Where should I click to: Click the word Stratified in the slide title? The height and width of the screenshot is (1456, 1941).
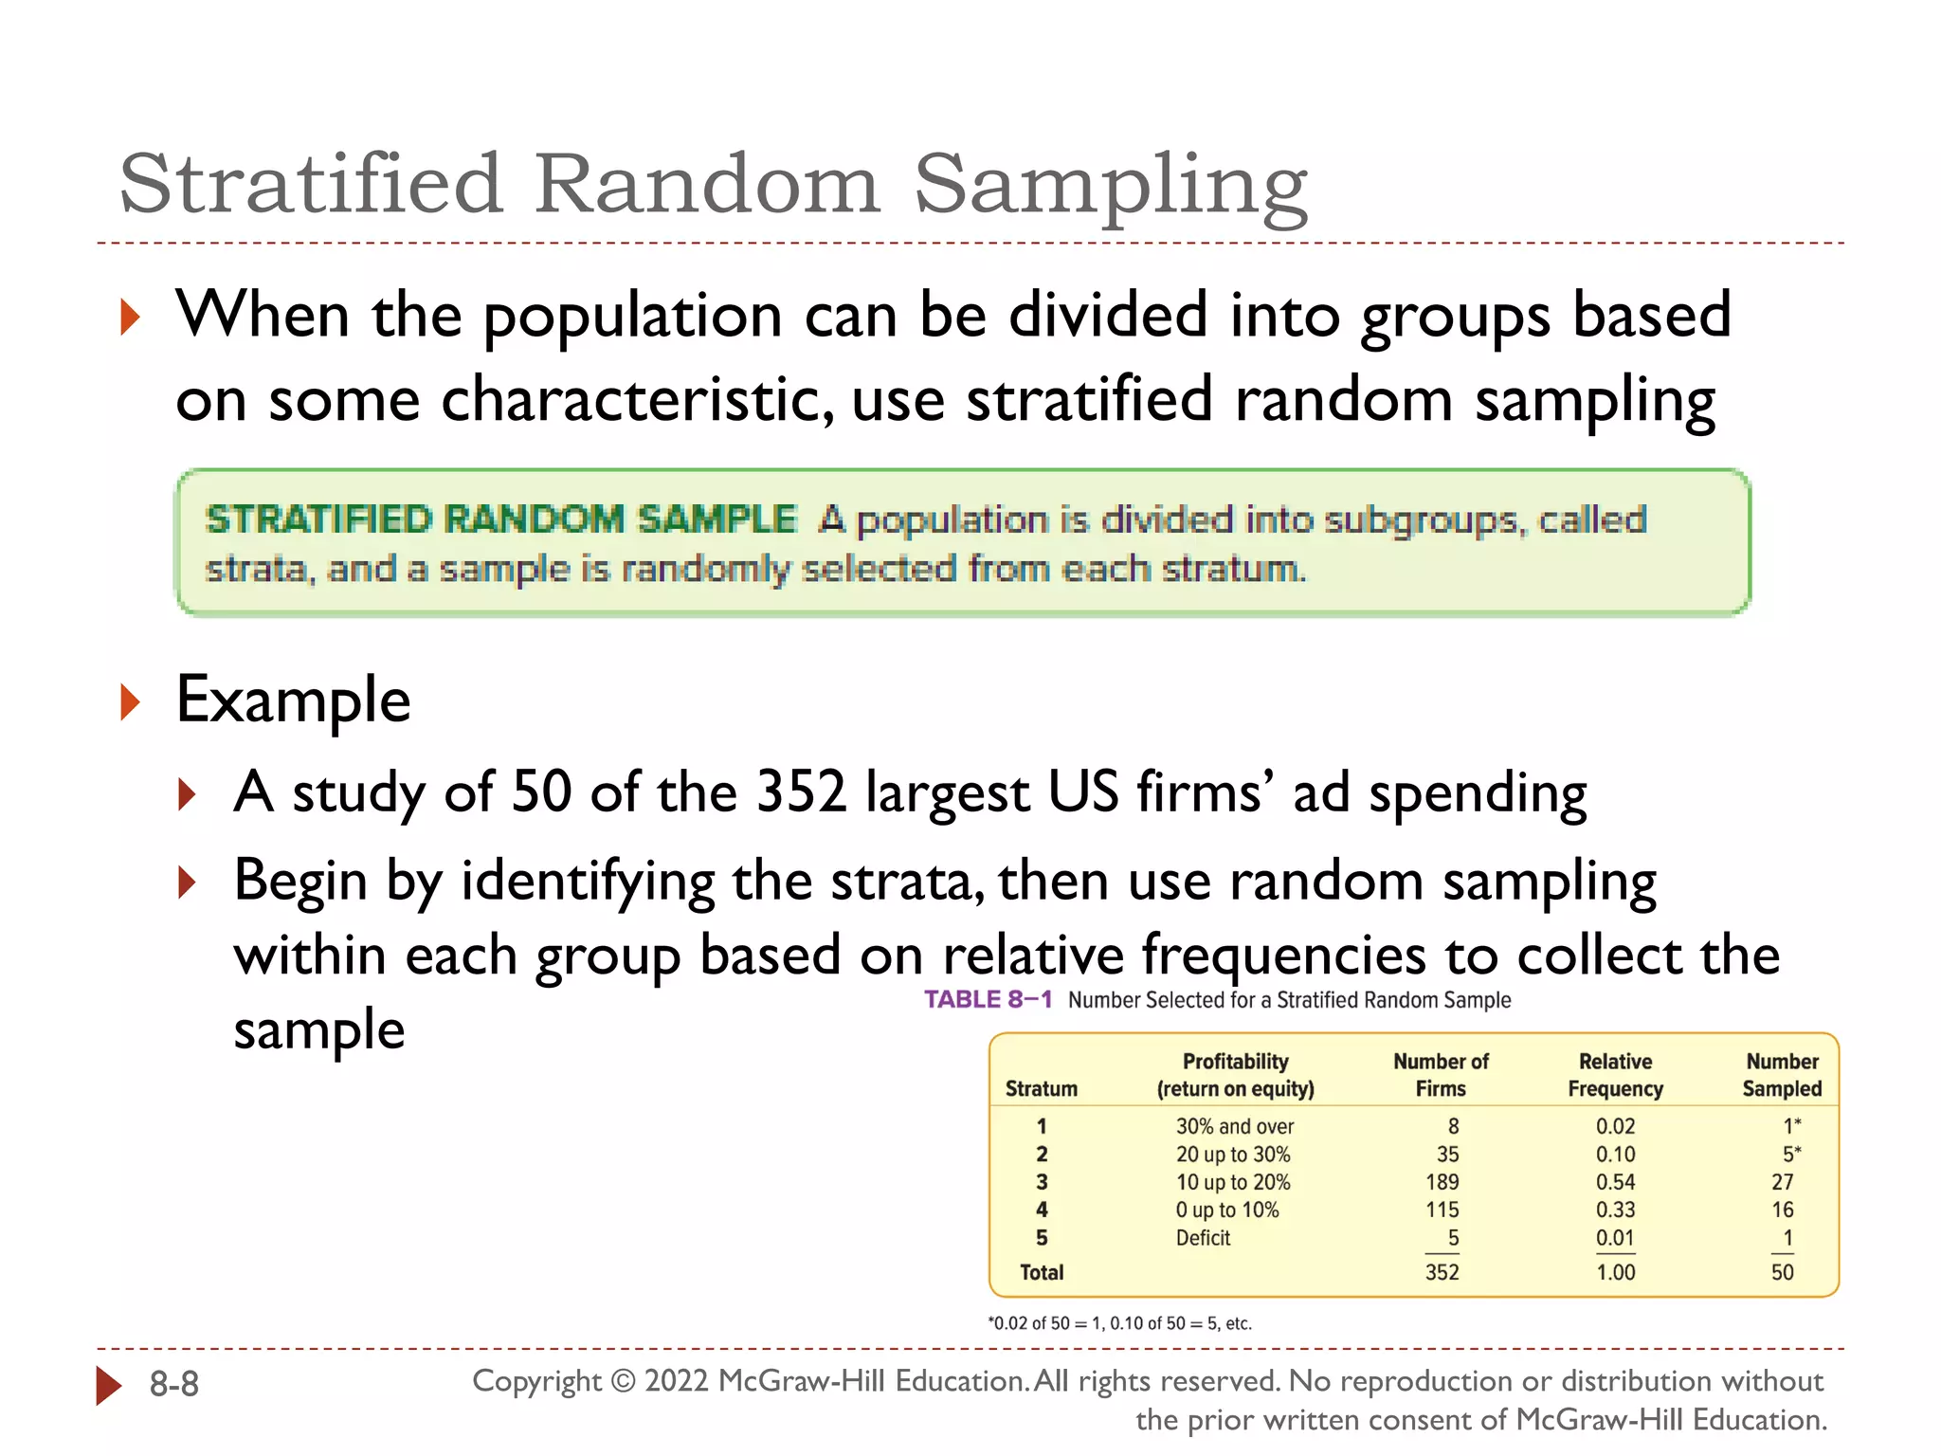[310, 184]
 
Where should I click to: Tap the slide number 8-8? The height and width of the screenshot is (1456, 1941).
[174, 1385]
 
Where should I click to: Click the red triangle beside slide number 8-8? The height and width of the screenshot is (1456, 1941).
[109, 1385]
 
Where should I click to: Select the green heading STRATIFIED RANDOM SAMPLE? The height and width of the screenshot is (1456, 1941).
[501, 519]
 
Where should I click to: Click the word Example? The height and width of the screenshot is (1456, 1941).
[293, 700]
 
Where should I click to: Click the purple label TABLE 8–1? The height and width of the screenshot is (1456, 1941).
[988, 1000]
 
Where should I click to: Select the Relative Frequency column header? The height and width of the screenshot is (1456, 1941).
[1615, 1075]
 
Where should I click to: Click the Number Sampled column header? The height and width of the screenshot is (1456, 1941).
[1782, 1075]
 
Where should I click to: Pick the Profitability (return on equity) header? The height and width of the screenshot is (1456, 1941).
[1235, 1075]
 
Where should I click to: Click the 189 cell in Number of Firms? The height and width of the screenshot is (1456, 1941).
[1442, 1182]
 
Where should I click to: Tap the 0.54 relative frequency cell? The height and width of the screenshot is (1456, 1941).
[1615, 1182]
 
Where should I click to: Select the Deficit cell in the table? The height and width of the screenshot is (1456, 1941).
[1203, 1238]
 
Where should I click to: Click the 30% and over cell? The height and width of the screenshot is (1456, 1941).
[1234, 1126]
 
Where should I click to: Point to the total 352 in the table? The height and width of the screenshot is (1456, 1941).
[1442, 1272]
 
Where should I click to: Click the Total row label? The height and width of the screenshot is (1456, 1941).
[1042, 1272]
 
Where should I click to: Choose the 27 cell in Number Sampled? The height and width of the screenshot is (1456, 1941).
[1782, 1182]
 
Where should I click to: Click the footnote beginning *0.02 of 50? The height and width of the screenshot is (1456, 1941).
[1119, 1323]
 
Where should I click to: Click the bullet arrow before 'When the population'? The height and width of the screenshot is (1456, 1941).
[131, 317]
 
